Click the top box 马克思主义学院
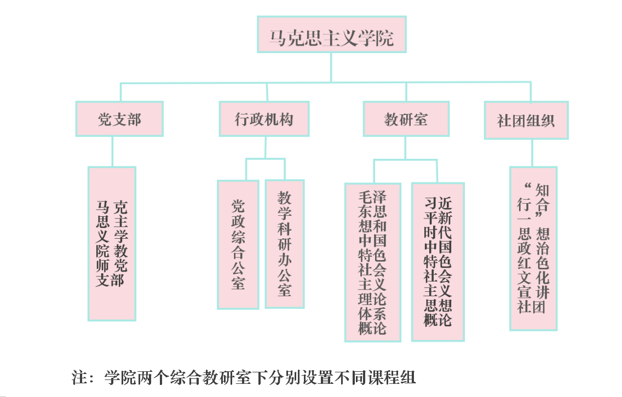[331, 34]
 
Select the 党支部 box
[119, 119]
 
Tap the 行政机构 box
[264, 119]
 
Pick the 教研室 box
[406, 119]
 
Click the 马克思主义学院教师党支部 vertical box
[112, 244]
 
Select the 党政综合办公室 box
[238, 244]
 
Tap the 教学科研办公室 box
[284, 244]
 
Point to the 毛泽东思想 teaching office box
[372, 262]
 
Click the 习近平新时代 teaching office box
[438, 262]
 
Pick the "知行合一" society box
[533, 249]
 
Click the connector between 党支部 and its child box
[112, 151]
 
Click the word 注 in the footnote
[80, 378]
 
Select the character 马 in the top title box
[277, 39]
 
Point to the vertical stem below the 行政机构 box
[266, 147]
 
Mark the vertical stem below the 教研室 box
[406, 148]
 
